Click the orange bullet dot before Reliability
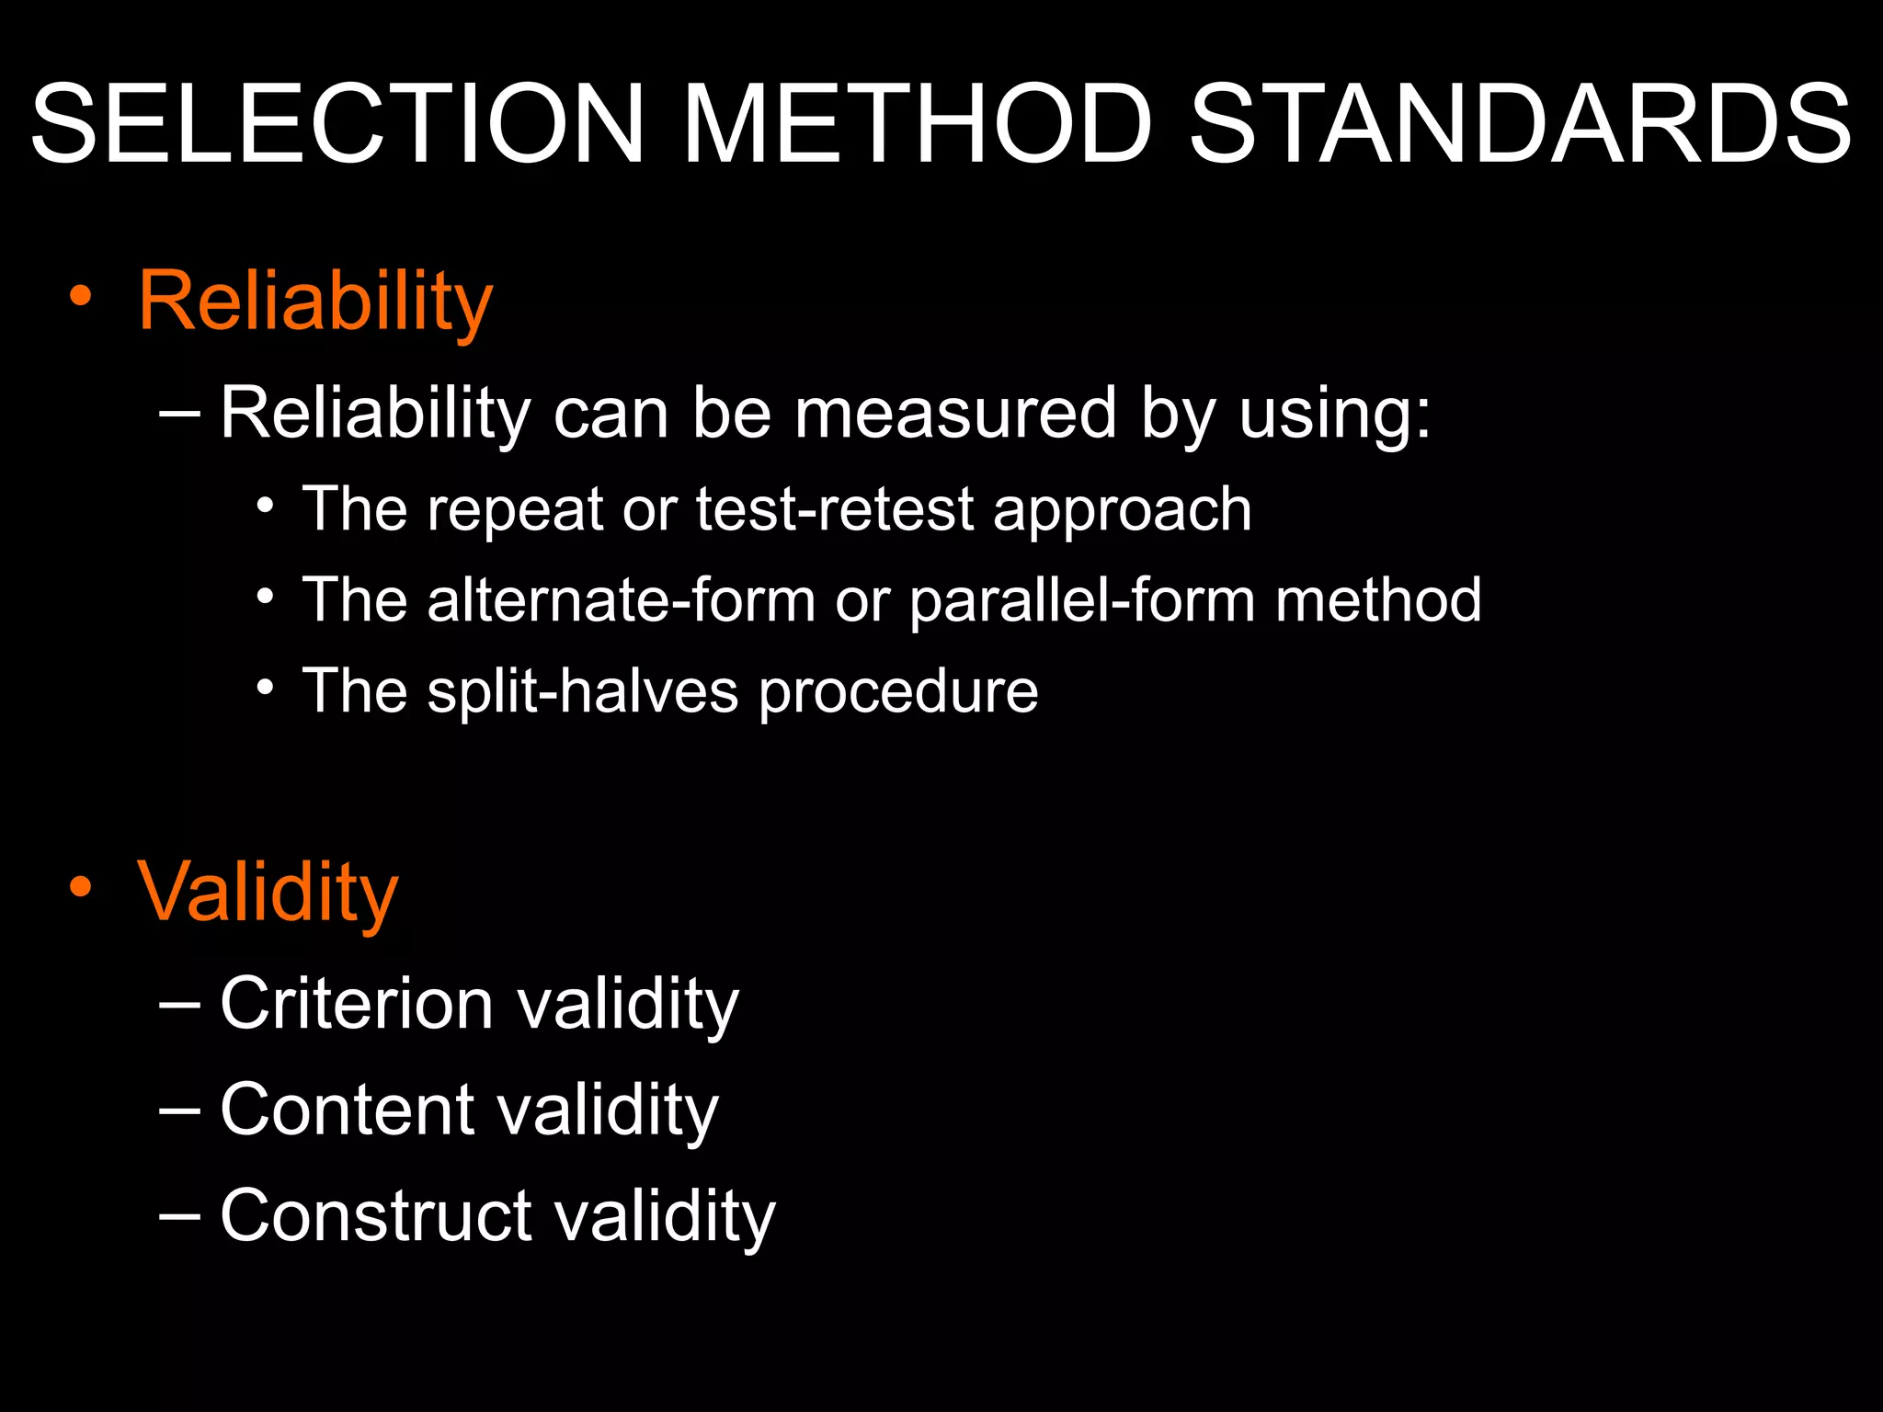pyautogui.click(x=81, y=296)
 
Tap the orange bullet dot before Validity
pyautogui.click(x=81, y=886)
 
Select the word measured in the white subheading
pyautogui.click(x=956, y=413)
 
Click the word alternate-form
pyautogui.click(x=621, y=600)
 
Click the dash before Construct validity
pyautogui.click(x=179, y=1213)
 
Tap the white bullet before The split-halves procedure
pyautogui.click(x=266, y=687)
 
